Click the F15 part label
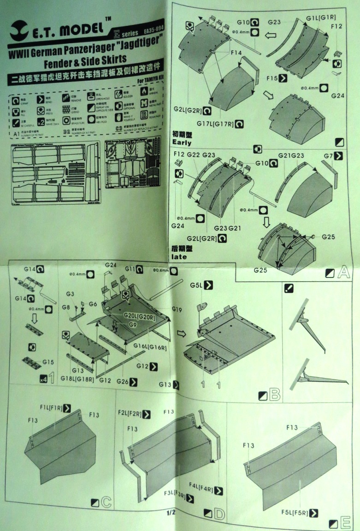pos(272,79)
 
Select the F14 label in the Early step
pos(236,53)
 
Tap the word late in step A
pos(179,256)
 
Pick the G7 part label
pos(328,156)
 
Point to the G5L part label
pos(196,285)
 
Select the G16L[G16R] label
pos(151,345)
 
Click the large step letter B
pos(274,395)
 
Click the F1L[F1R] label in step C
pos(51,408)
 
